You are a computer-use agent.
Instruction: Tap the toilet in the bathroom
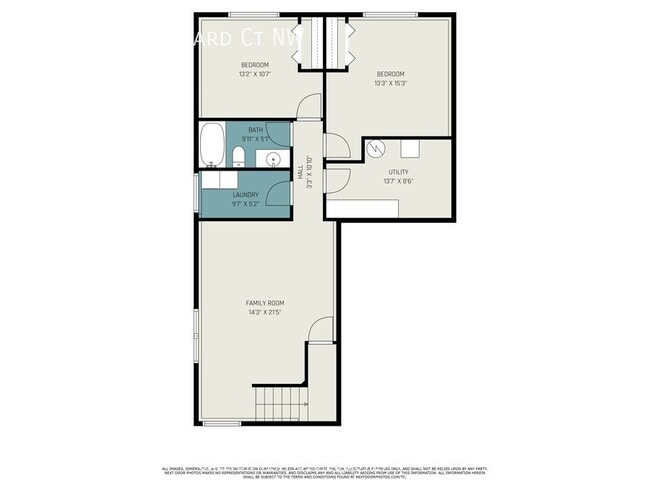[237, 157]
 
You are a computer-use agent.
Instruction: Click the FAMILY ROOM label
[266, 302]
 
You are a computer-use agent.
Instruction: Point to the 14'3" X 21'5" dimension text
[266, 312]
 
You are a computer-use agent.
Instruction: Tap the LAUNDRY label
[246, 195]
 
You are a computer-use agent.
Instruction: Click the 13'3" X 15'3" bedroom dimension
[390, 83]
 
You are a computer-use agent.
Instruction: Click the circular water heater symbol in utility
[375, 149]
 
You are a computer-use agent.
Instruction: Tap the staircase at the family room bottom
[280, 406]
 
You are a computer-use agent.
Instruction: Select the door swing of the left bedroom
[312, 106]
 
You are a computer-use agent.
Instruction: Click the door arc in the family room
[320, 329]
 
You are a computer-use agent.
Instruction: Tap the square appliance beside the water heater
[410, 148]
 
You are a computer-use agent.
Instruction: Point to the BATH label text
[256, 129]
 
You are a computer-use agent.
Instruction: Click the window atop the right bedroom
[390, 14]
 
